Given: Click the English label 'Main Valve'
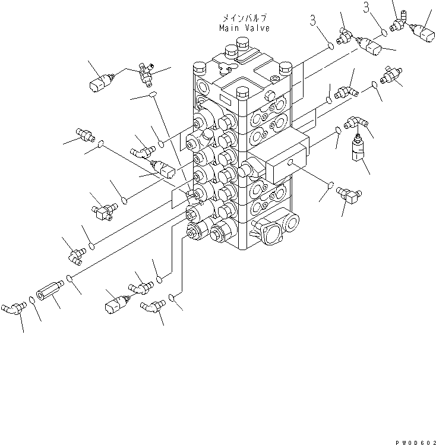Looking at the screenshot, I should pos(244,28).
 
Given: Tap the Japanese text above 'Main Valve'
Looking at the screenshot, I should pos(244,19).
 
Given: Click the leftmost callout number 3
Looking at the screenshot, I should pos(314,22).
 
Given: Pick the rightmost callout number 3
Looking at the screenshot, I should pos(367,7).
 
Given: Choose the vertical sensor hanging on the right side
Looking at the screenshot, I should pos(358,149).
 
